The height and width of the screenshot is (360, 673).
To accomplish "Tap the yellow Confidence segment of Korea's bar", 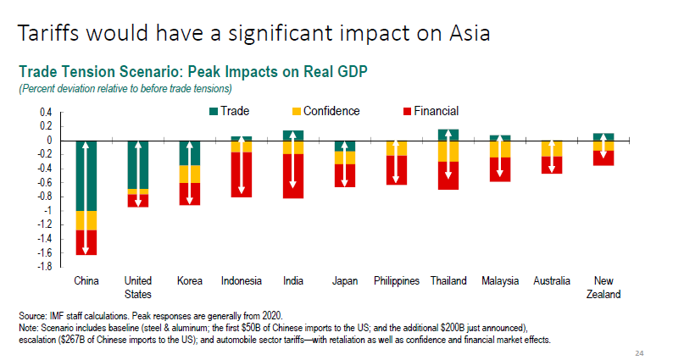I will pyautogui.click(x=189, y=174).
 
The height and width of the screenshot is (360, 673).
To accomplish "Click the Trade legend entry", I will pyautogui.click(x=229, y=111).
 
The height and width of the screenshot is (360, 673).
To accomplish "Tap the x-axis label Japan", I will pyautogui.click(x=344, y=281).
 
